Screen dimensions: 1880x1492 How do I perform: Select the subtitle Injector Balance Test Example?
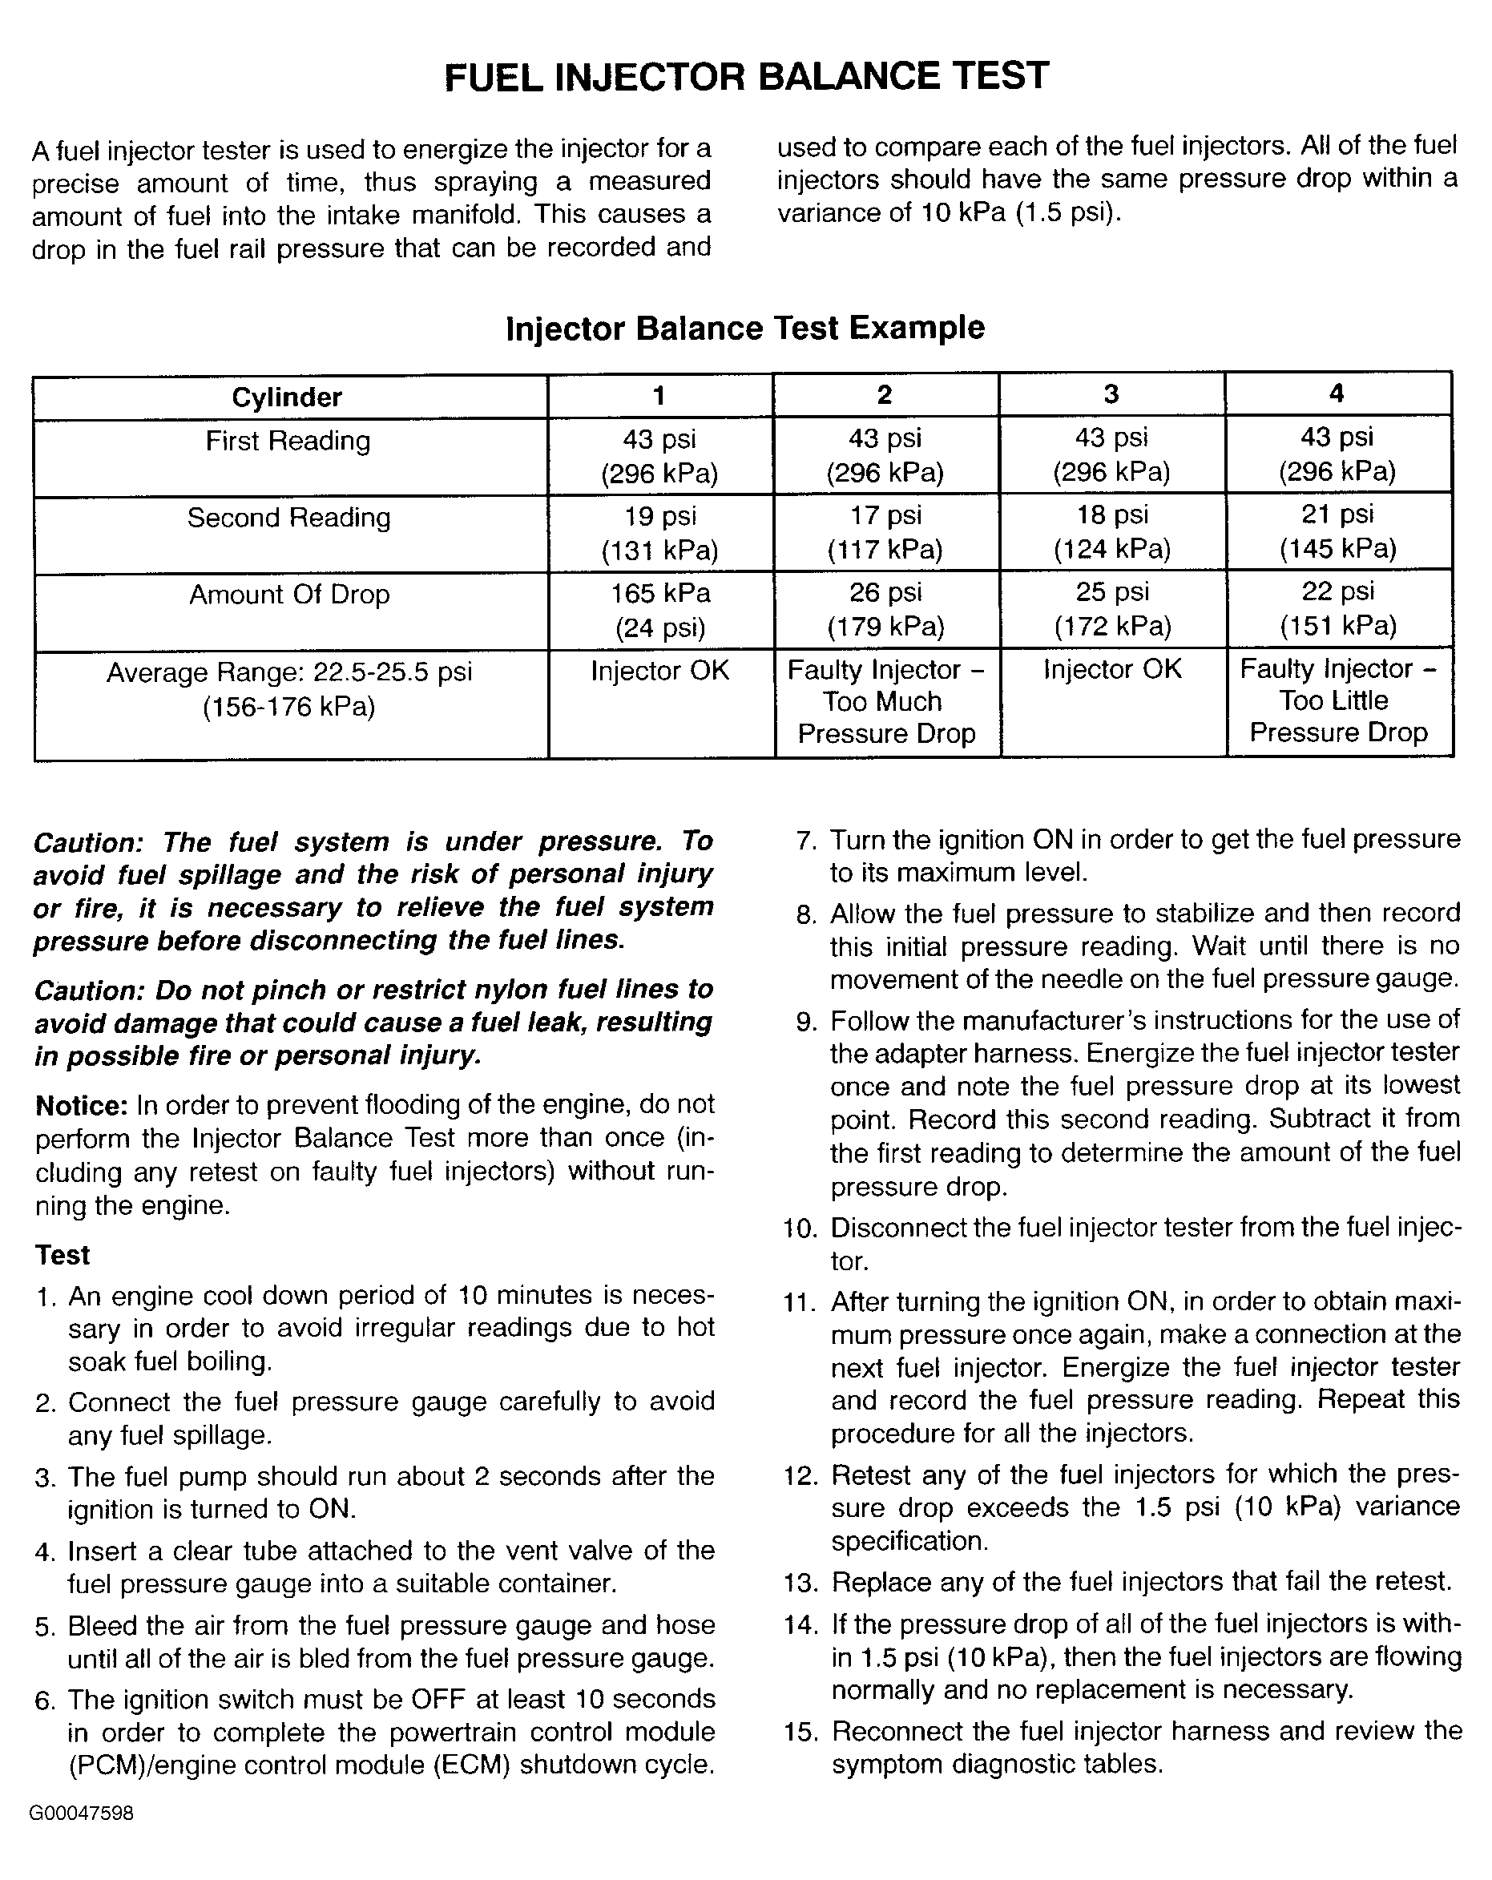744,329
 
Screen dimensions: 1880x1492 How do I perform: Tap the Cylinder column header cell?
287,397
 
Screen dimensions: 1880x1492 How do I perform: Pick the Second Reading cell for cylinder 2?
885,533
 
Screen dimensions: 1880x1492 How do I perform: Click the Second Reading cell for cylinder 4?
1337,532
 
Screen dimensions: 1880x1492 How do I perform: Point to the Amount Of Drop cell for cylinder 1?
660,611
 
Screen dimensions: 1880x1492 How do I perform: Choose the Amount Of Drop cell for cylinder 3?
1112,609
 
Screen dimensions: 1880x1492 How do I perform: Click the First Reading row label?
288,442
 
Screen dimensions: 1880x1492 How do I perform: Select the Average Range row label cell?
288,689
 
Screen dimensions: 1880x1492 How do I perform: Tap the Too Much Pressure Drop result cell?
886,702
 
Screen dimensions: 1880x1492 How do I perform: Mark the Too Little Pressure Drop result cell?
1337,701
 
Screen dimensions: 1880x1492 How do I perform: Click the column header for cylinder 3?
1111,394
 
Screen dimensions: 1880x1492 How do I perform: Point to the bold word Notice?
82,1106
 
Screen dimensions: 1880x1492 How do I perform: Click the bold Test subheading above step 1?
63,1255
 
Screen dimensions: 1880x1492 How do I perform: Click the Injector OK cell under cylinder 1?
660,672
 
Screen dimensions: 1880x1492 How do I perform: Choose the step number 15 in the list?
800,1732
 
